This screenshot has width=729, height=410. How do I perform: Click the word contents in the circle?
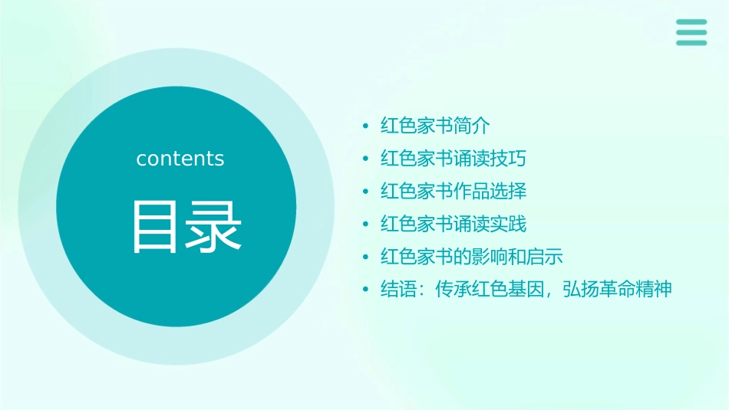[180, 159]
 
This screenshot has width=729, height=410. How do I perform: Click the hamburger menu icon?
[691, 33]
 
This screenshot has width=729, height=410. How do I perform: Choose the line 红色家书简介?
[435, 126]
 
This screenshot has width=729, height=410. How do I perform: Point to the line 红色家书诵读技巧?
[454, 159]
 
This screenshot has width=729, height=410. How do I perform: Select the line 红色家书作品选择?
[454, 191]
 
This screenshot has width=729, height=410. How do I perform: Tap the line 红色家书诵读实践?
[454, 224]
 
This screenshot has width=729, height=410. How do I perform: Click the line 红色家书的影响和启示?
[472, 257]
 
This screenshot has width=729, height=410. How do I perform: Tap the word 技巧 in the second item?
[509, 159]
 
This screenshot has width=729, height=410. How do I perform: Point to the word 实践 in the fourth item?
[509, 224]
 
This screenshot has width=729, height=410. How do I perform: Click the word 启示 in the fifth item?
[546, 257]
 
